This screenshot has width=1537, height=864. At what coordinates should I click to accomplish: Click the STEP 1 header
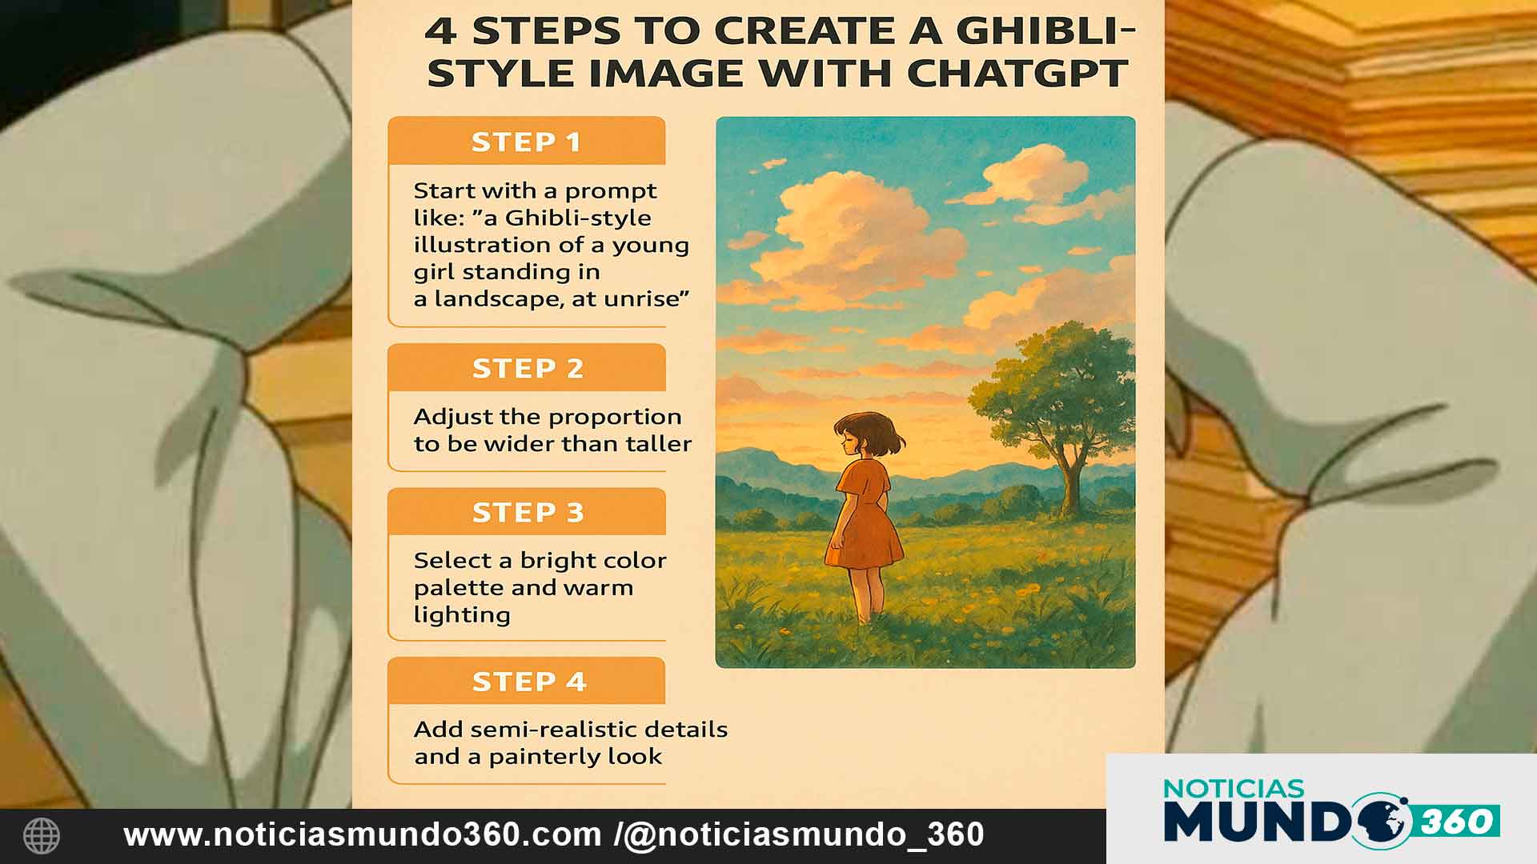(526, 142)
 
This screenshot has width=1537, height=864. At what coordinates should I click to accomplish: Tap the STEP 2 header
(528, 368)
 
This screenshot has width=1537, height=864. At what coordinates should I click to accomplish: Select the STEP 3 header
(528, 512)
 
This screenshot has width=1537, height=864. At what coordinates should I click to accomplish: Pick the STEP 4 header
(528, 682)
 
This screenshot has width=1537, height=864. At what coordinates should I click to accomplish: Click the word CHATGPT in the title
(1017, 74)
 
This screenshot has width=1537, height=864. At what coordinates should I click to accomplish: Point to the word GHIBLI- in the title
(1045, 30)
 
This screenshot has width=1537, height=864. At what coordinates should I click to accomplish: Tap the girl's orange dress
(865, 520)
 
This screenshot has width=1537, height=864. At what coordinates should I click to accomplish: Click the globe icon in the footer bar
(42, 836)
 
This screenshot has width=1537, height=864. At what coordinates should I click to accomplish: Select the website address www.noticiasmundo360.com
(362, 835)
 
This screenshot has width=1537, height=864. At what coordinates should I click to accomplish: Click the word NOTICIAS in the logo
(1234, 789)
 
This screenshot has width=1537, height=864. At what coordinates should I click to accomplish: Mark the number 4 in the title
(441, 30)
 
